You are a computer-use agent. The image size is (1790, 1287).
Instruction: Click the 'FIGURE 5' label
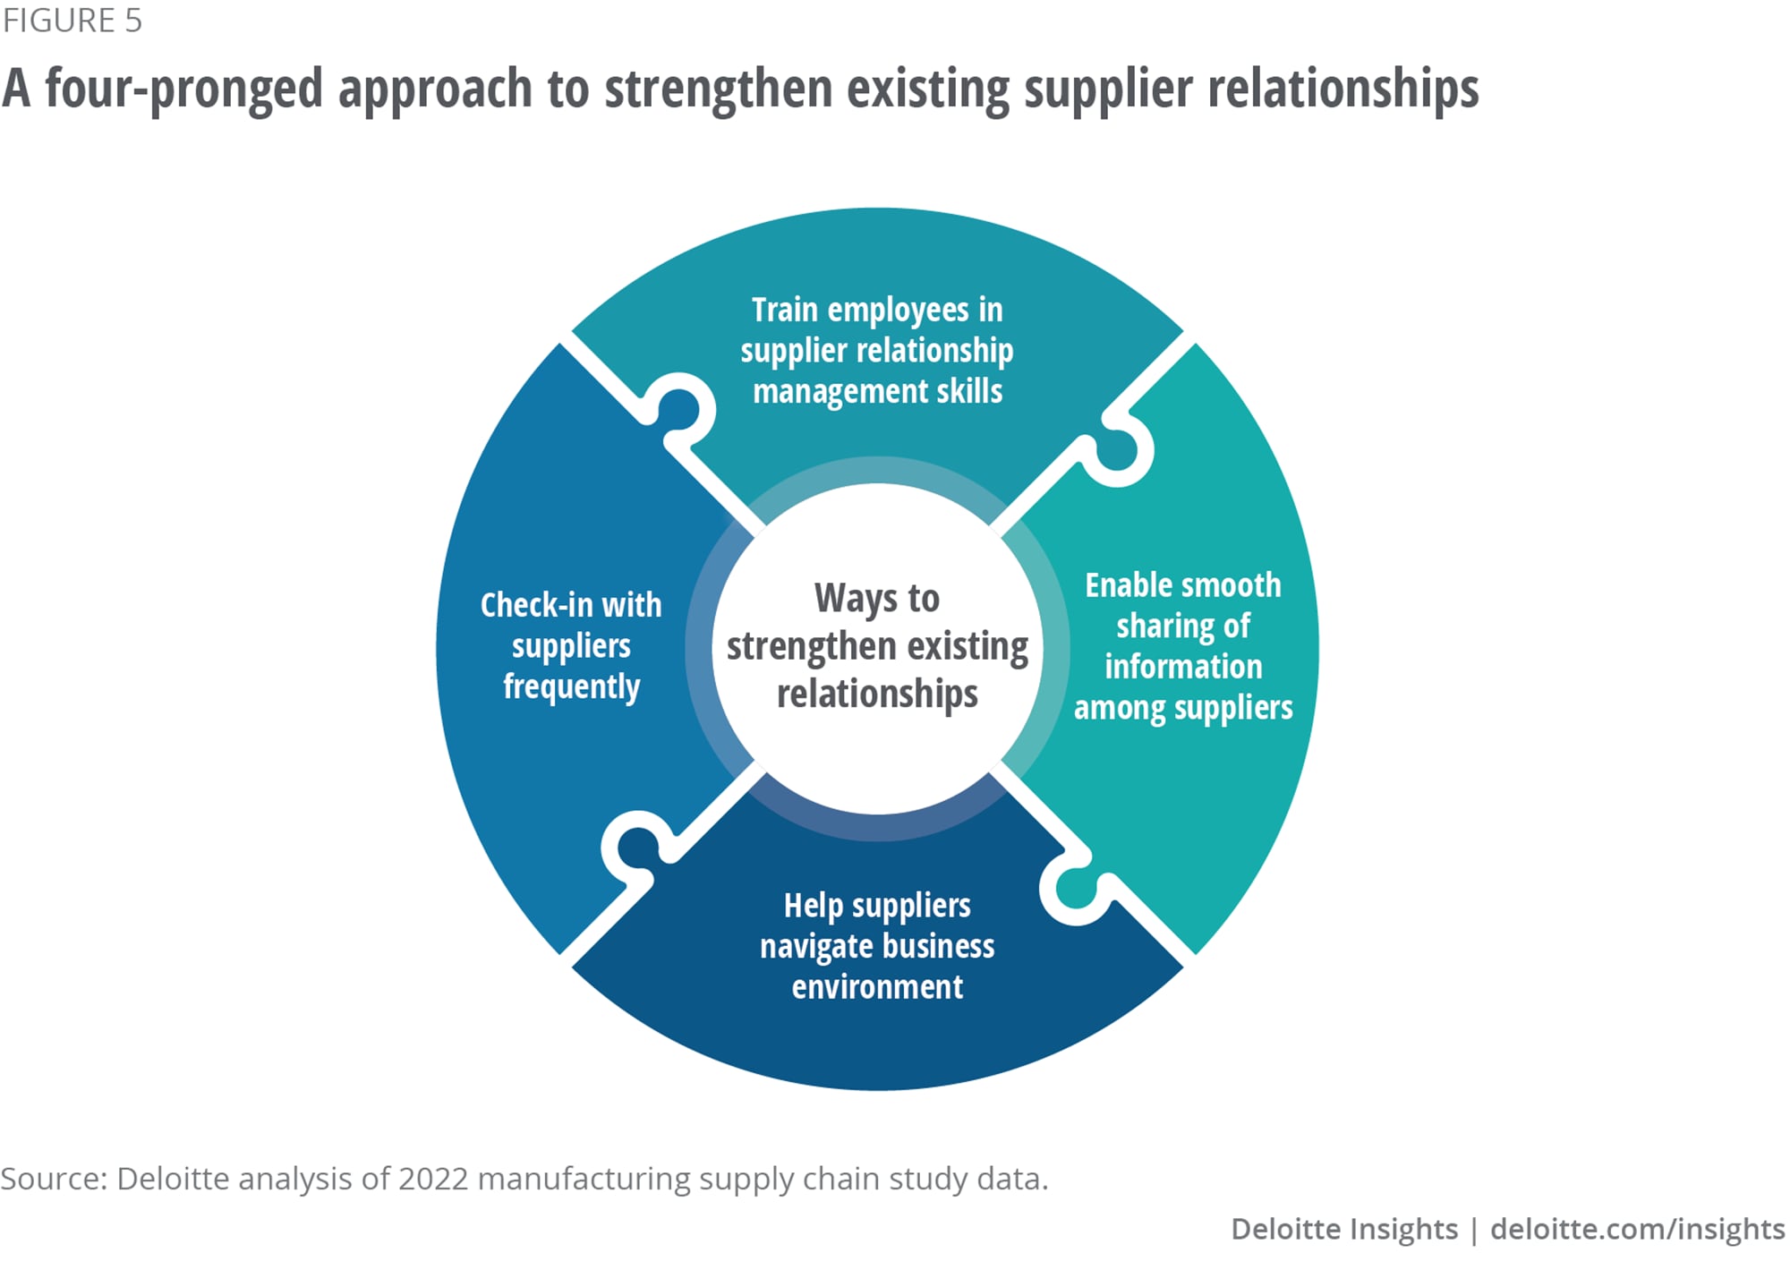pos(72,21)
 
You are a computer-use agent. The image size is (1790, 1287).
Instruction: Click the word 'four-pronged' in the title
pos(183,89)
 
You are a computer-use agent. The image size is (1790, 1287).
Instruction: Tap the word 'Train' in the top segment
pos(785,310)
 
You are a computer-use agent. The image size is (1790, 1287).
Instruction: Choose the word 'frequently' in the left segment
pos(571,687)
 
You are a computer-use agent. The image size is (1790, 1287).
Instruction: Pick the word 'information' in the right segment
pos(1182,667)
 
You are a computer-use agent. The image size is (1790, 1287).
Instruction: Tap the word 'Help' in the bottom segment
pos(813,906)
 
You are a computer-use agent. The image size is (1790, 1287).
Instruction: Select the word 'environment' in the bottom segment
pos(877,987)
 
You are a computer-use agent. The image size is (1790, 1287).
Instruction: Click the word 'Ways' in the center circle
pos(845,598)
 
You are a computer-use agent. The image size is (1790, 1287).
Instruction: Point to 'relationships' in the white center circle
pos(877,694)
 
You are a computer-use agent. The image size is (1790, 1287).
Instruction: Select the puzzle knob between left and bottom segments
pos(635,847)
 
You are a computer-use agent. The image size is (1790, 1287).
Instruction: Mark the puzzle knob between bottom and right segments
pos(1075,890)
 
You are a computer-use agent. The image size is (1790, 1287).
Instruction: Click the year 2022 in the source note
pos(433,1179)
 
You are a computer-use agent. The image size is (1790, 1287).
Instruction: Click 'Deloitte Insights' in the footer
pos(1343,1229)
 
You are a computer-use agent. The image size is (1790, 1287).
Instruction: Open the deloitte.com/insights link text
pos(1637,1229)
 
